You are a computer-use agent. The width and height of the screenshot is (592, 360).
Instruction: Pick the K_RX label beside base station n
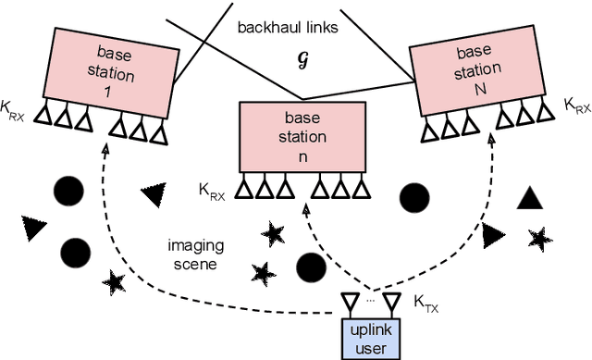(213, 190)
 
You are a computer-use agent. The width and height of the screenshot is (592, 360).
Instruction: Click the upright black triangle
(528, 197)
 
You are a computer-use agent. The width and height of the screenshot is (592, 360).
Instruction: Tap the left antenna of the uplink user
(350, 301)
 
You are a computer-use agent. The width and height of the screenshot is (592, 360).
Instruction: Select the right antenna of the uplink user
(392, 301)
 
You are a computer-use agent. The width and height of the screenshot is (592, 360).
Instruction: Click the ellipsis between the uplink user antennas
(371, 299)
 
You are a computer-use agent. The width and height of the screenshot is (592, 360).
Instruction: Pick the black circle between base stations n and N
(413, 198)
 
